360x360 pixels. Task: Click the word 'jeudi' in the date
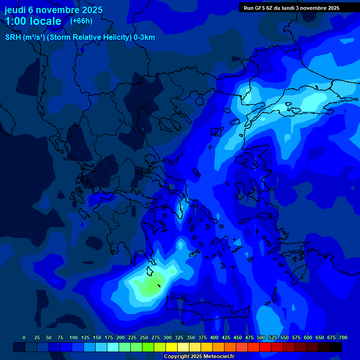(15, 10)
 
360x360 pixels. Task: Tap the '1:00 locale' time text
(33, 21)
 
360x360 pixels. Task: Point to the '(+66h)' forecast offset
(81, 21)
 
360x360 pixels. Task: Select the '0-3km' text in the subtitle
(144, 37)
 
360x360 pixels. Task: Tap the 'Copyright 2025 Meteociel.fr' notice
(198, 357)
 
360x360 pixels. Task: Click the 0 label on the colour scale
(24, 337)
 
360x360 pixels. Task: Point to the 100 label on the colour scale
(74, 337)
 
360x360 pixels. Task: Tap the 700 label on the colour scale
(343, 337)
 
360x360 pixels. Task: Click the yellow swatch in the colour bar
(172, 347)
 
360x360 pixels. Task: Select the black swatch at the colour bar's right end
(336, 347)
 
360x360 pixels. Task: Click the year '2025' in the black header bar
(333, 8)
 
